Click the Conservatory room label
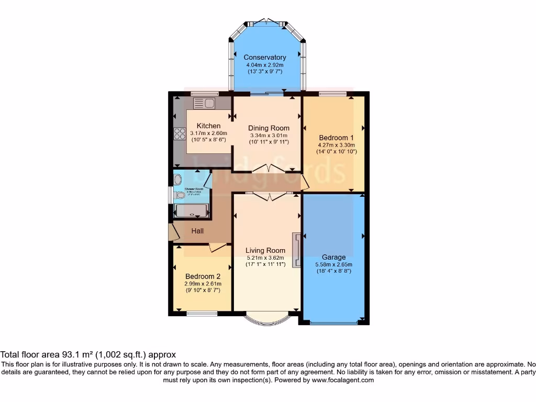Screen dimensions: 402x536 [265, 57]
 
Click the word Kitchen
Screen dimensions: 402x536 [208, 126]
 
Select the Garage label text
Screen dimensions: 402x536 [333, 257]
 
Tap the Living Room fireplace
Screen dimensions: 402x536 [296, 250]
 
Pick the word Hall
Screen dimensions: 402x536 [197, 231]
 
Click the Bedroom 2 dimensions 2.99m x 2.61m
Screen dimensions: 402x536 [203, 284]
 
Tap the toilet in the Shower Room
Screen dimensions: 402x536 [180, 195]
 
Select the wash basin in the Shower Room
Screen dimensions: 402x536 [176, 178]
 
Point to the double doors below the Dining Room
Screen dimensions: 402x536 [267, 169]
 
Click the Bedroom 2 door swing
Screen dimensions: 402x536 [218, 248]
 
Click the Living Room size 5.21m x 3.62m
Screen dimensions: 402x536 [265, 258]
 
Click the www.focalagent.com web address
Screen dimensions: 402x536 [342, 380]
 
